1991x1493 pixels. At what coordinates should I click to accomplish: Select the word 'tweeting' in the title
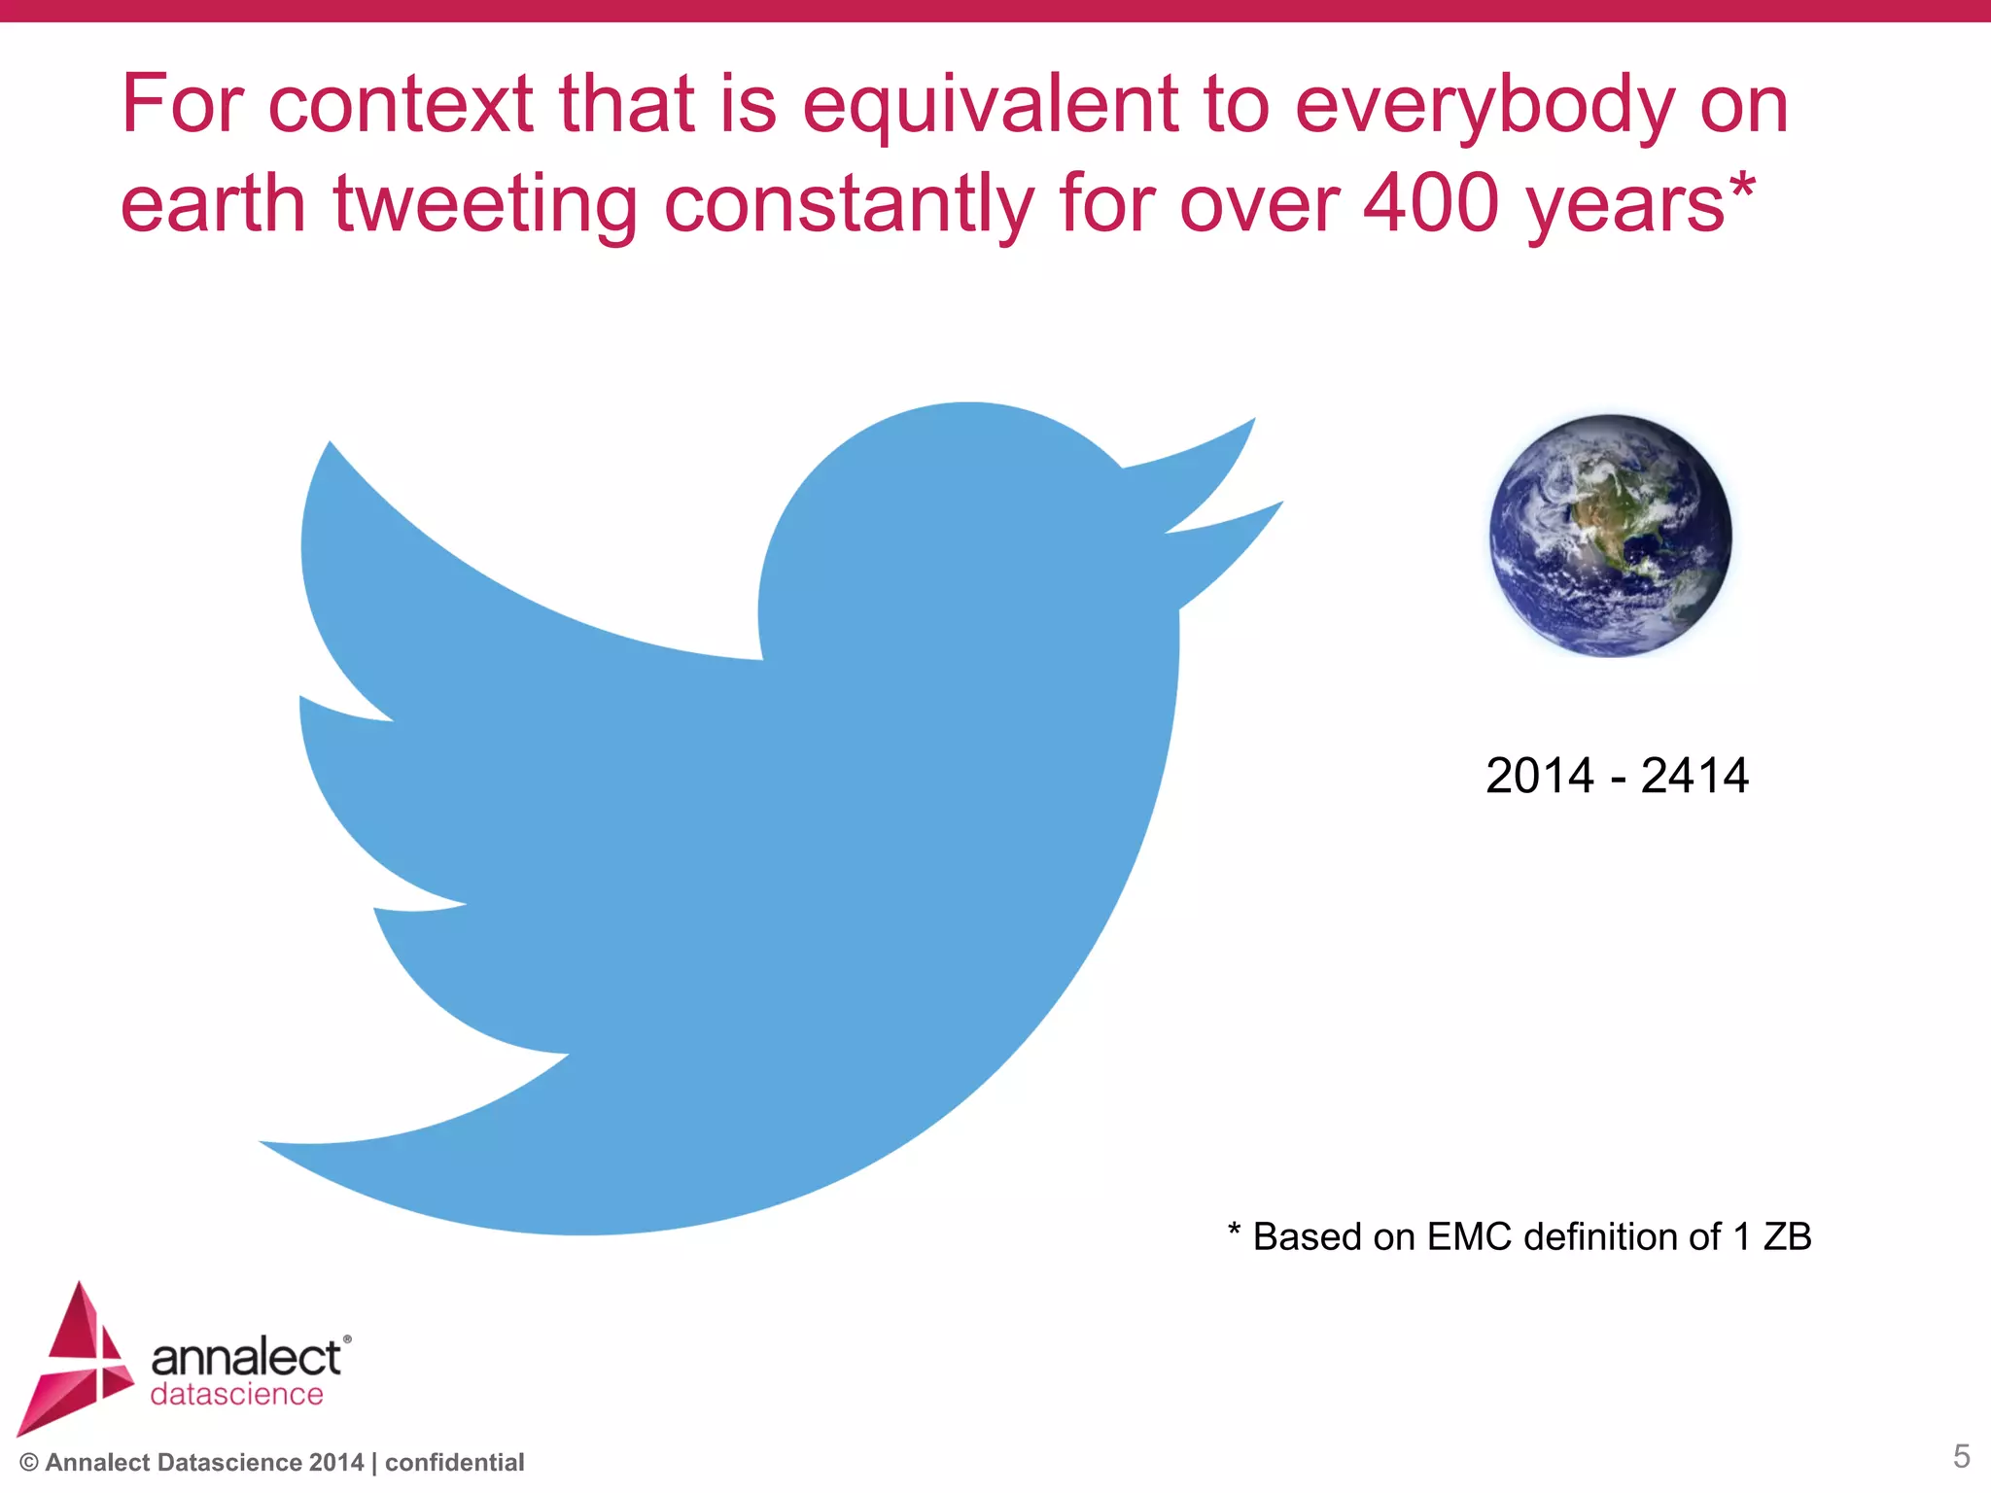click(x=485, y=206)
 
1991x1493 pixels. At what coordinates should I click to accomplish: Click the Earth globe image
click(x=1611, y=536)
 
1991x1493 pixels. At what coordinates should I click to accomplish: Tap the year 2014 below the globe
click(x=1539, y=777)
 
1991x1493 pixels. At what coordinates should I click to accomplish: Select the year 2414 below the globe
click(x=1694, y=777)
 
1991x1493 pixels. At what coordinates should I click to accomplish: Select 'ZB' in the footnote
click(x=1787, y=1237)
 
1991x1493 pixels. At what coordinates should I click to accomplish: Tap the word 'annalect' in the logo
click(x=246, y=1358)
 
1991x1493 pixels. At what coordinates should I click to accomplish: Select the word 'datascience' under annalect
click(x=236, y=1395)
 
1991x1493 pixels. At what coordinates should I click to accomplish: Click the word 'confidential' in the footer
click(x=454, y=1463)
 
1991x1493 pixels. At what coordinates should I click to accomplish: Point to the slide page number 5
click(x=1961, y=1456)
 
